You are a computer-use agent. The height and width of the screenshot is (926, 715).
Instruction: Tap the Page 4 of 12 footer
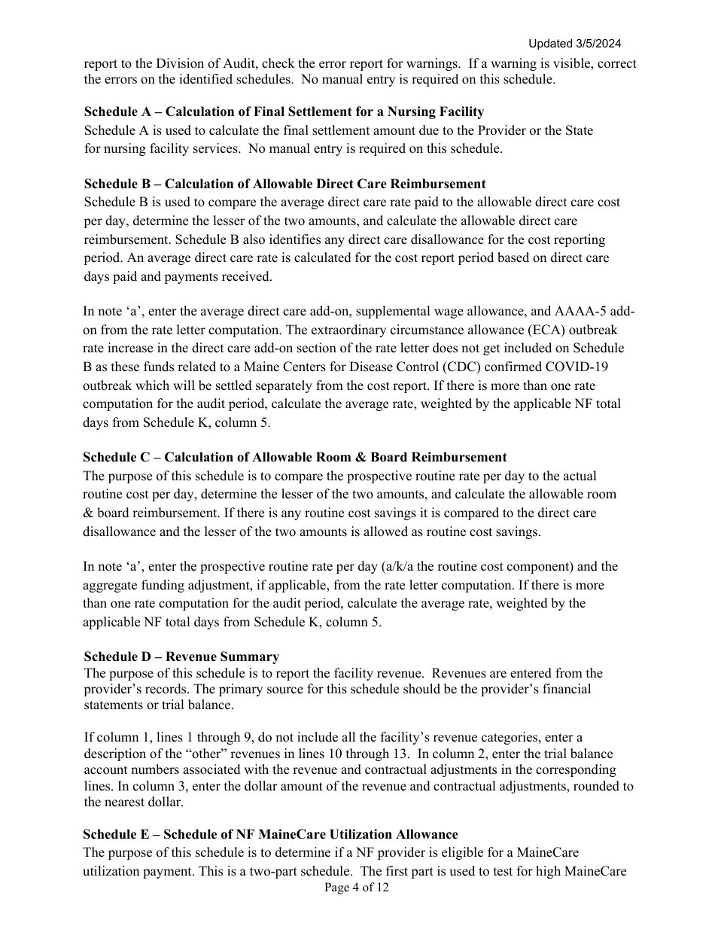[357, 888]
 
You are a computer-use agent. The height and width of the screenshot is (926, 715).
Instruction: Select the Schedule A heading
[284, 112]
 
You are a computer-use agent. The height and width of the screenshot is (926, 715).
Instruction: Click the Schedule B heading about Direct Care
[284, 184]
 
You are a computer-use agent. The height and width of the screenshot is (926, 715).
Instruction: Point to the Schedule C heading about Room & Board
[294, 457]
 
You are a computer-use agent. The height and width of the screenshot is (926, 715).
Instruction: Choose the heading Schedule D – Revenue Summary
[181, 656]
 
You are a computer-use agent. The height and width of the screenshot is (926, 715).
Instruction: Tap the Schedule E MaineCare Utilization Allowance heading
[270, 834]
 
